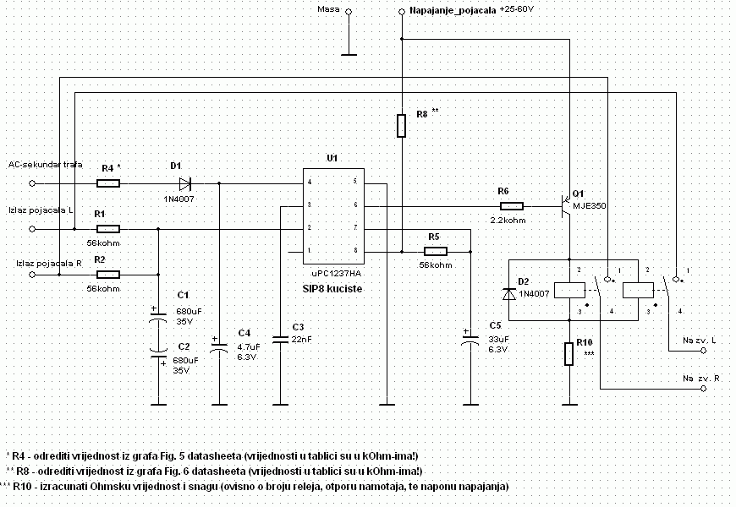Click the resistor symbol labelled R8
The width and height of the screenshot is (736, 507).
click(x=402, y=125)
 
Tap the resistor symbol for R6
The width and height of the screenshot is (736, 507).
click(x=512, y=205)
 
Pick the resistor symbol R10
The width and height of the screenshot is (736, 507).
click(x=569, y=354)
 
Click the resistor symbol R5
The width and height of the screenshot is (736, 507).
click(x=435, y=251)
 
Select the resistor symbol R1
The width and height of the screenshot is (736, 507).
click(x=107, y=228)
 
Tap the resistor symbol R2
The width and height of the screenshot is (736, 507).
click(x=107, y=274)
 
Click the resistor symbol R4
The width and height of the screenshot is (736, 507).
click(x=107, y=183)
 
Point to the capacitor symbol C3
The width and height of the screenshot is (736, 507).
click(x=280, y=339)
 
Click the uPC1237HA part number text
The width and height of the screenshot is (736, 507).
click(x=337, y=275)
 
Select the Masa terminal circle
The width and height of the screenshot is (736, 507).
click(x=347, y=12)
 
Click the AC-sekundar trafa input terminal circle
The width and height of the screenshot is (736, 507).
click(x=33, y=183)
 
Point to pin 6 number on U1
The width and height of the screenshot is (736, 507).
click(x=355, y=204)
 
